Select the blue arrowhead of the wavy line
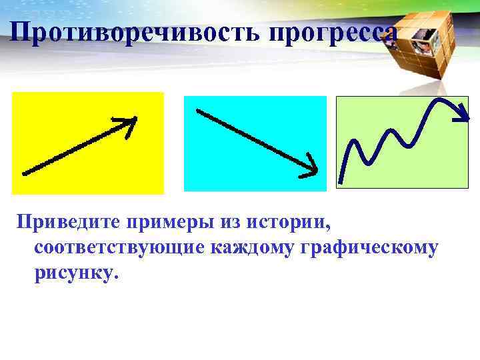point(461,116)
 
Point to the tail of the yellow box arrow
point(25,173)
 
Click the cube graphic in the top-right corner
point(427,40)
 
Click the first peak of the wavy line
point(353,141)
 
